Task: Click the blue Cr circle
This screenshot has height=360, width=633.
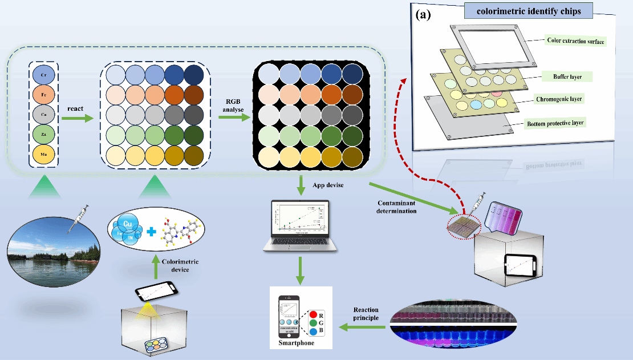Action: [43, 75]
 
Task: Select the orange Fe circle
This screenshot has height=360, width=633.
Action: [43, 94]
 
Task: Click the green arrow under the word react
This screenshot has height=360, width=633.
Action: [77, 119]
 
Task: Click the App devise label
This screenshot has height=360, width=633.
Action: [328, 185]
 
